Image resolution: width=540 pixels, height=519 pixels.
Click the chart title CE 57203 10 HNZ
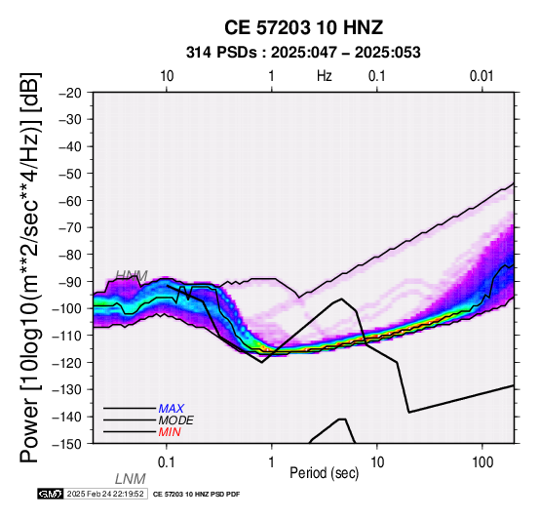click(x=303, y=27)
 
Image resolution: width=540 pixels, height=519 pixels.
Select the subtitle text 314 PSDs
click(x=221, y=53)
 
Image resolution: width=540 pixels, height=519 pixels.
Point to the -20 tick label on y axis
click(x=70, y=93)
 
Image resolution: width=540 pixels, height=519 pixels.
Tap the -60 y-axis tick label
click(x=70, y=201)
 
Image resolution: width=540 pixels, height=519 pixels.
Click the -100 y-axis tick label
click(x=67, y=308)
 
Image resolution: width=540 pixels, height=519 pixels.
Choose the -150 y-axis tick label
click(x=67, y=444)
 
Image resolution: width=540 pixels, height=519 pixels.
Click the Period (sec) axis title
click(x=324, y=473)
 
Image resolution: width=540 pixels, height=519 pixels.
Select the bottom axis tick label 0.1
click(x=166, y=462)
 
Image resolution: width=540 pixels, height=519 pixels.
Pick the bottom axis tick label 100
click(x=482, y=462)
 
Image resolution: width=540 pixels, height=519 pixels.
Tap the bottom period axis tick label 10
click(x=377, y=462)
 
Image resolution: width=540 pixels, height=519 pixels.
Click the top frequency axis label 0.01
click(x=482, y=76)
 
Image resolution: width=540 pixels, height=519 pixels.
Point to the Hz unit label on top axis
click(x=324, y=76)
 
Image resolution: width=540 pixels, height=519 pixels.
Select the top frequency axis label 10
click(x=167, y=76)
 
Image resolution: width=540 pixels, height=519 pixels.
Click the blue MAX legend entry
click(x=172, y=409)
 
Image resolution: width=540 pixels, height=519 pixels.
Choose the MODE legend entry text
click(x=176, y=420)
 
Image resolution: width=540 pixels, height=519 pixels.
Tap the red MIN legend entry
click(x=170, y=432)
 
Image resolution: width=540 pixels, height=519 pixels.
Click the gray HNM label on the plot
click(x=132, y=275)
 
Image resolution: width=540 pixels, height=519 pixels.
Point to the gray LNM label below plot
click(x=131, y=479)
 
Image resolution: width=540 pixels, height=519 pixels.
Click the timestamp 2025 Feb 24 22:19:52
click(x=105, y=494)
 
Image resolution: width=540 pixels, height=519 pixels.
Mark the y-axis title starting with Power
click(x=29, y=267)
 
